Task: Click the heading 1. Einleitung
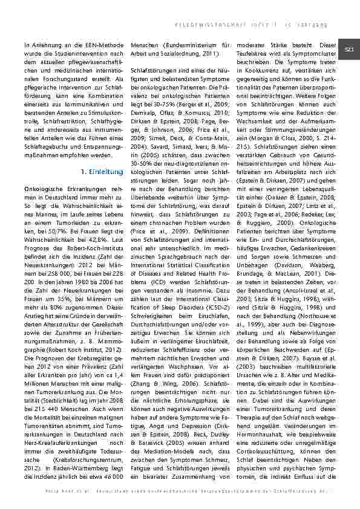(x=102, y=172)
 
